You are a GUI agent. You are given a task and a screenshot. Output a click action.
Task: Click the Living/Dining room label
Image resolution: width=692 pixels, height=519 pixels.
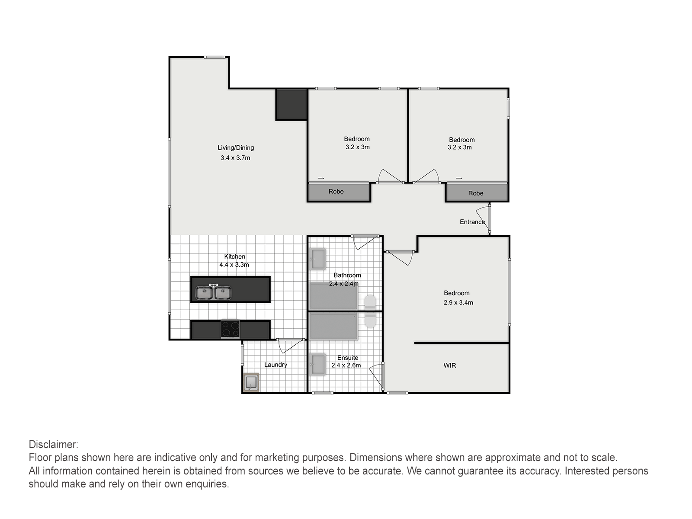click(236, 148)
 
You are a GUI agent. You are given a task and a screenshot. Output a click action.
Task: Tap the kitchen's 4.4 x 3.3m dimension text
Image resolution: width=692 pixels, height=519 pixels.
click(234, 265)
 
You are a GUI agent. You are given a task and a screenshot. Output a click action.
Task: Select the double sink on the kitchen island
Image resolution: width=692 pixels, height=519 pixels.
click(213, 292)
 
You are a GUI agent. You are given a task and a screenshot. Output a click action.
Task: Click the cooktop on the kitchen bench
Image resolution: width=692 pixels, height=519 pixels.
click(230, 329)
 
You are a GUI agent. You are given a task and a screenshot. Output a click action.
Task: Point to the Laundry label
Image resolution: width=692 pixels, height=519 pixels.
click(276, 365)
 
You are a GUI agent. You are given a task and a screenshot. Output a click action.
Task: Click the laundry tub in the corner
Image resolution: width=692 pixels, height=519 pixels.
click(251, 382)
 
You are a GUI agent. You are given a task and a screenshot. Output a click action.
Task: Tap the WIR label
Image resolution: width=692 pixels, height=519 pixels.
click(449, 365)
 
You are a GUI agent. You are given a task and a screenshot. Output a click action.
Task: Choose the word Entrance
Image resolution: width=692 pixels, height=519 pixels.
click(472, 222)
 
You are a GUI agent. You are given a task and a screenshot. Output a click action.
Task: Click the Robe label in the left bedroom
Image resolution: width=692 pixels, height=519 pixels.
click(336, 192)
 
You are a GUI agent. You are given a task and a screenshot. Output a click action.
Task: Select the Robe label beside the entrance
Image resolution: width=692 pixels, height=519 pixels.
click(476, 193)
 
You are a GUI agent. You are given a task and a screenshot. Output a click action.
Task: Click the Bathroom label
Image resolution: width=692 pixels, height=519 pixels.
click(347, 275)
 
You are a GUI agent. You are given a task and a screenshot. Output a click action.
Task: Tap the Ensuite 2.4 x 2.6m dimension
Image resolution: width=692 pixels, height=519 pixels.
click(346, 365)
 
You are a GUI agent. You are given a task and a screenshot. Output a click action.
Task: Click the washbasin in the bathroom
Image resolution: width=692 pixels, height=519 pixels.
click(318, 259)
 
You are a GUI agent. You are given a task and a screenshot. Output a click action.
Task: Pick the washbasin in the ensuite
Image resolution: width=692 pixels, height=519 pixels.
click(318, 364)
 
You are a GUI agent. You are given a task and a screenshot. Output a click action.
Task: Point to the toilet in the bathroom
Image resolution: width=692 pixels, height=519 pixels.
click(370, 301)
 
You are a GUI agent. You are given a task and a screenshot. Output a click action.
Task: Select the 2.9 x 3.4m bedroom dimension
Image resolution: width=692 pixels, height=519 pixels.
click(458, 302)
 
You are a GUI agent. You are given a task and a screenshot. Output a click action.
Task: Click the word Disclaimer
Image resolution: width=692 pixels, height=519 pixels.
click(54, 445)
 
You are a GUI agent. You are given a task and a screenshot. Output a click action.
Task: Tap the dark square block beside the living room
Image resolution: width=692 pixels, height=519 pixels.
click(292, 104)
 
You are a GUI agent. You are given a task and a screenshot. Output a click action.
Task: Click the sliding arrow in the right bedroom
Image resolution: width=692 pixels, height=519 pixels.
click(459, 178)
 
